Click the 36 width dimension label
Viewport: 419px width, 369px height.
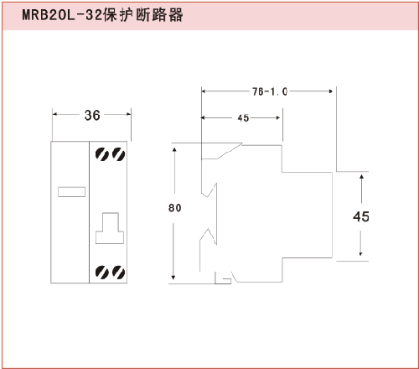(x=92, y=115)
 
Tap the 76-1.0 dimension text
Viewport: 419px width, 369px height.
(x=270, y=91)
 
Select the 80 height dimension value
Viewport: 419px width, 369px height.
(x=175, y=208)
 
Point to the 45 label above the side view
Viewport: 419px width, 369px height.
(x=243, y=118)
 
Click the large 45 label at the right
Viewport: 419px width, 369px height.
(x=361, y=216)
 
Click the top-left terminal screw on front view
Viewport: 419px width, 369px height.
(x=102, y=154)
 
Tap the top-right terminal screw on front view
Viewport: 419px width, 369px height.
(x=119, y=154)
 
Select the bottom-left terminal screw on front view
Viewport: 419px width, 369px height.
(x=102, y=273)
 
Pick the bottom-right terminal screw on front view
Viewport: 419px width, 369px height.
(x=119, y=273)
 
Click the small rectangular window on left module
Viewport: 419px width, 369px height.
(x=71, y=192)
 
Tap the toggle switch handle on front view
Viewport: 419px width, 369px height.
(x=110, y=228)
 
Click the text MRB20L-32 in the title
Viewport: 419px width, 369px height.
(x=62, y=15)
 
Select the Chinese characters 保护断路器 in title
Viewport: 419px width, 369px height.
(x=143, y=15)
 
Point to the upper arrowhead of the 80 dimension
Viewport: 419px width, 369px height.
(x=174, y=151)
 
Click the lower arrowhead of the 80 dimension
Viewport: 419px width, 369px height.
(x=173, y=277)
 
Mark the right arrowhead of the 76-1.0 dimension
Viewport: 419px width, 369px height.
(x=330, y=91)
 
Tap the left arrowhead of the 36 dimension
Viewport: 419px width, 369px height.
(x=55, y=114)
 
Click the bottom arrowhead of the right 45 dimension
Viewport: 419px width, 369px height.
(x=361, y=253)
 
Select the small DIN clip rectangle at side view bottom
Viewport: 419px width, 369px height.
(x=223, y=281)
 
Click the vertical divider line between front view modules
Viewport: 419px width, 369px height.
(x=89, y=212)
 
